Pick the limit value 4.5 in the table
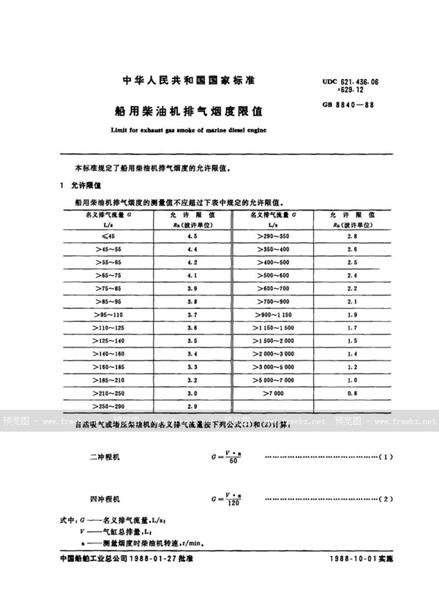coord(193,238)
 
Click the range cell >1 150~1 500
coord(273,328)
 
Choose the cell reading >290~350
coord(273,238)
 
